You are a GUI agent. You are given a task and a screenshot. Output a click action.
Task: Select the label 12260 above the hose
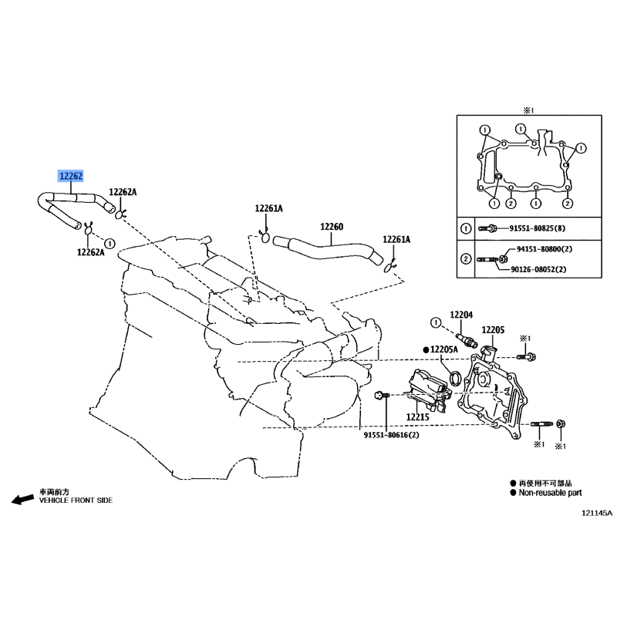[332, 228]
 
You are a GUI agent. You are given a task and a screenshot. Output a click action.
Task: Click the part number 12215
[417, 417]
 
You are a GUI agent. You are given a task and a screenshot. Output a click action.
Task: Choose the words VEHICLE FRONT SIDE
[76, 501]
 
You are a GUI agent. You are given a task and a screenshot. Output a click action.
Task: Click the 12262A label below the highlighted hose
[90, 251]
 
